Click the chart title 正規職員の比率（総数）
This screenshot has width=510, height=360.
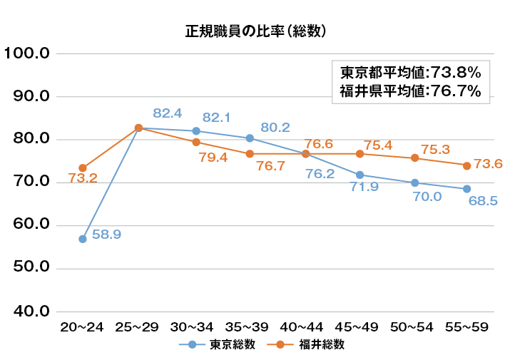tap(255, 31)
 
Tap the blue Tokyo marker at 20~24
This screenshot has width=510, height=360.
tap(83, 239)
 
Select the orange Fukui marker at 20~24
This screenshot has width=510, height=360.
tap(83, 168)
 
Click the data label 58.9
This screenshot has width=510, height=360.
tap(106, 234)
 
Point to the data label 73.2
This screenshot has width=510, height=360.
tap(83, 179)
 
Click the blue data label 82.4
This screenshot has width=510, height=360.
tap(168, 113)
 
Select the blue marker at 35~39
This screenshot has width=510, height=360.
tap(250, 138)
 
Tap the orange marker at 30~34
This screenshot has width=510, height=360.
tap(195, 142)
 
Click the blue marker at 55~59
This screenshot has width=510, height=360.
tap(466, 189)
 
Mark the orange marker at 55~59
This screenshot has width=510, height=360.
tap(466, 165)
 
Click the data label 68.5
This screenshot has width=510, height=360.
tap(483, 202)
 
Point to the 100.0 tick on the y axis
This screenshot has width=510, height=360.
tap(26, 53)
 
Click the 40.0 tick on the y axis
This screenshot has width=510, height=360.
tap(26, 312)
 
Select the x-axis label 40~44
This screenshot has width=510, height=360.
tap(302, 326)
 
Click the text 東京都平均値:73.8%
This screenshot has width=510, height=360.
tap(410, 73)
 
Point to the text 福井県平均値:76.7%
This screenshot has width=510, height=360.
tap(410, 91)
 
